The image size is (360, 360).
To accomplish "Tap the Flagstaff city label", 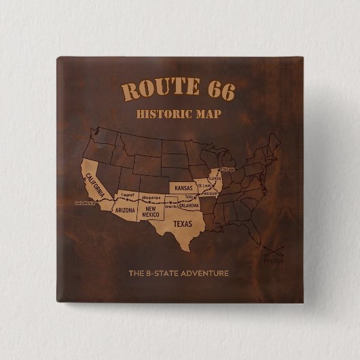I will point(127,196).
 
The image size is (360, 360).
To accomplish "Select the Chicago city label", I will point(228,169).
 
